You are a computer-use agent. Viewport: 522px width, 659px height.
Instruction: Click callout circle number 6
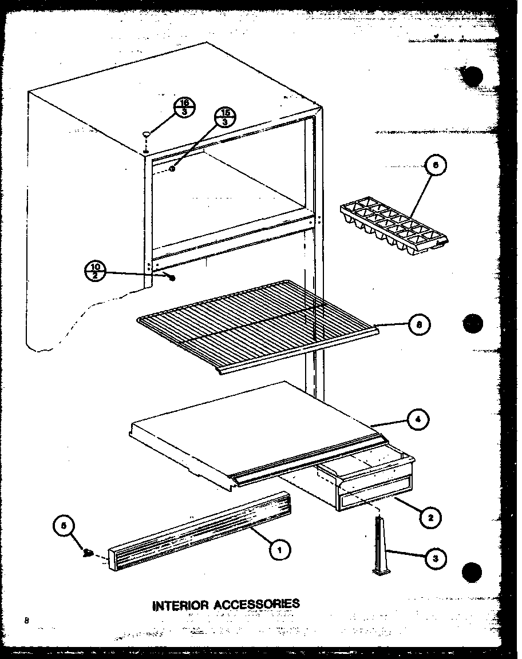(x=436, y=166)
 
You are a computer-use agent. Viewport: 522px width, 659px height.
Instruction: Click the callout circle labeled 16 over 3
(x=185, y=107)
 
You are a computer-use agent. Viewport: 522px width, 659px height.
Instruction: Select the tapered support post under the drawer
(x=380, y=546)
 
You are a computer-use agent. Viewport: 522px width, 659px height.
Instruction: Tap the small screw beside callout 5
(x=89, y=553)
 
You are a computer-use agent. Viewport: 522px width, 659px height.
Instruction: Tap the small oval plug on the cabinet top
(x=147, y=134)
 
